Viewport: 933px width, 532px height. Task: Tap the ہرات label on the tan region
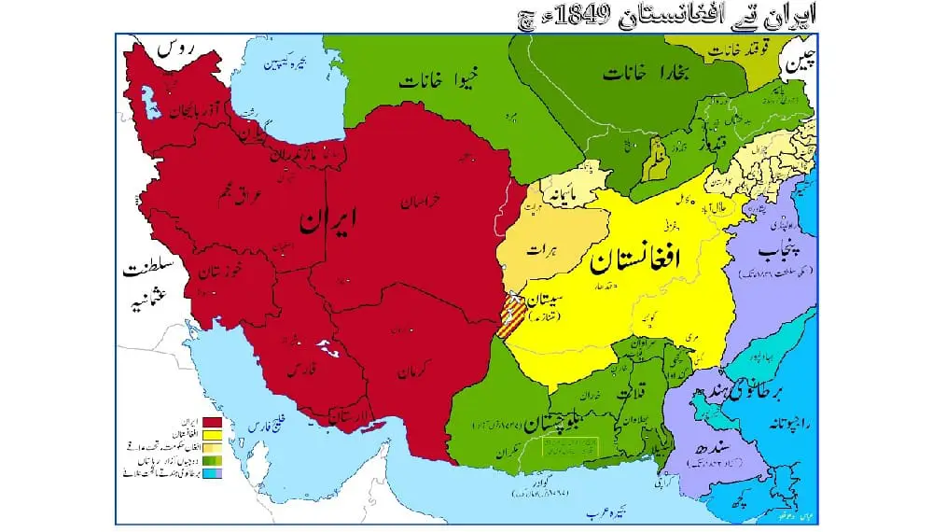point(540,249)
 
